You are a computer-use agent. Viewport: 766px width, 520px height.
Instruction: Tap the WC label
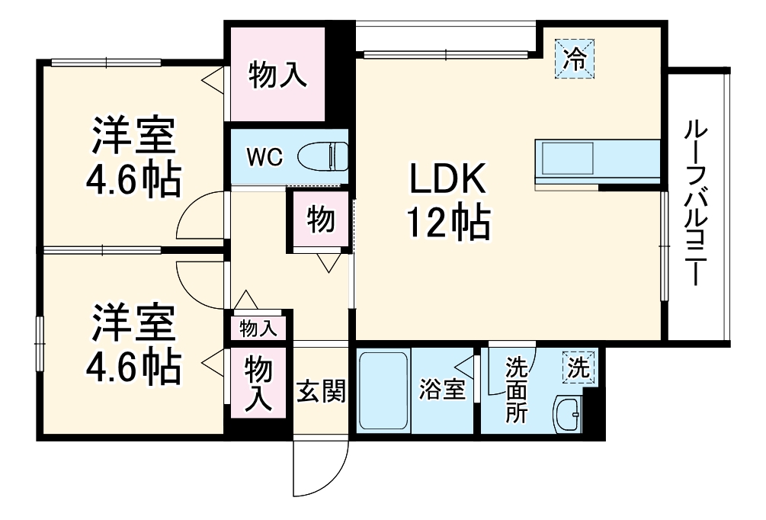coord(264,158)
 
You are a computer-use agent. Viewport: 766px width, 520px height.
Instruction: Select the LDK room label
coord(448,181)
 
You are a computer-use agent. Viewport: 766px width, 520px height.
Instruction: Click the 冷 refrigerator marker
coord(577,58)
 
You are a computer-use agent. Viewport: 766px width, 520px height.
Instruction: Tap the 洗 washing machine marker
coord(579,368)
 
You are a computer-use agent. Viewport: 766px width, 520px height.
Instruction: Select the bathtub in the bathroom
coord(383,391)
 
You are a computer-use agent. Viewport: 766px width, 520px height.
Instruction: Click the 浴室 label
coord(443,390)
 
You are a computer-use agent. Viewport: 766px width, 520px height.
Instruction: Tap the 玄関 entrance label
coord(322,392)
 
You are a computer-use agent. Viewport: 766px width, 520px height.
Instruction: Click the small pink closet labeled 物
coord(320,220)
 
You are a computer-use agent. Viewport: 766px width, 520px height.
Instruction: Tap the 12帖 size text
coord(448,223)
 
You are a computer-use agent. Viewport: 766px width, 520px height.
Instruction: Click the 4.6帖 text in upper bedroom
coord(133,181)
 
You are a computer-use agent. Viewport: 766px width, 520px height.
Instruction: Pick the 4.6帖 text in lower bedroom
coord(133,367)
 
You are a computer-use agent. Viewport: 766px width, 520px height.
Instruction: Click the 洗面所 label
coord(518,391)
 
